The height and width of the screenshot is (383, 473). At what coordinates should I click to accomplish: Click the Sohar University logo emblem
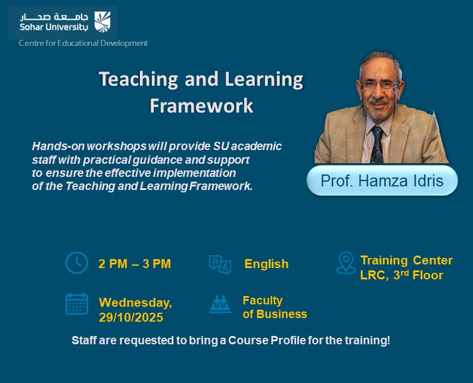pos(102,21)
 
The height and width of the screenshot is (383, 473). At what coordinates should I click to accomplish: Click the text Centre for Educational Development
pos(83,43)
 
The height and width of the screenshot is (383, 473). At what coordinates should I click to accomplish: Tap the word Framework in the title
pos(201,105)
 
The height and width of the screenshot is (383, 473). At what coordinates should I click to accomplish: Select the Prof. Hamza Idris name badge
pos(382,181)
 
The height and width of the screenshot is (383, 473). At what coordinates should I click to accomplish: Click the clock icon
pos(76,263)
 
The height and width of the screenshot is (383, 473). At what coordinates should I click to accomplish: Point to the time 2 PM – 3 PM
pos(135,264)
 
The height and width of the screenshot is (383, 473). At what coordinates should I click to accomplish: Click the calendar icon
pos(76,304)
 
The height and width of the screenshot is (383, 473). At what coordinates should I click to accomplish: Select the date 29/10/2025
pos(131,317)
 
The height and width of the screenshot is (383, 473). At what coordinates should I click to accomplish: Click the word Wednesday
pos(135,303)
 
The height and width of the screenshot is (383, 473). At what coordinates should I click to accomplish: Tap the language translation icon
pos(219,264)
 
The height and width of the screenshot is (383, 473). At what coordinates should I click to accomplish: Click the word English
pos(266,264)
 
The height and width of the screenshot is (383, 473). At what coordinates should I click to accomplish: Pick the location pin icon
pos(346,263)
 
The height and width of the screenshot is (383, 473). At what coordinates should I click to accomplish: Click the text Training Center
pos(406,260)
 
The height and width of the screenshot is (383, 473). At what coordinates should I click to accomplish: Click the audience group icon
pos(220,304)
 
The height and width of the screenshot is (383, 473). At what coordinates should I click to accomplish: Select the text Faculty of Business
pos(274,307)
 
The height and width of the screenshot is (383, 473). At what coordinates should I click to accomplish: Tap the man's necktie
pos(376,144)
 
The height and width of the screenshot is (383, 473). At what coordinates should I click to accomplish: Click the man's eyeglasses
pos(378,85)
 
